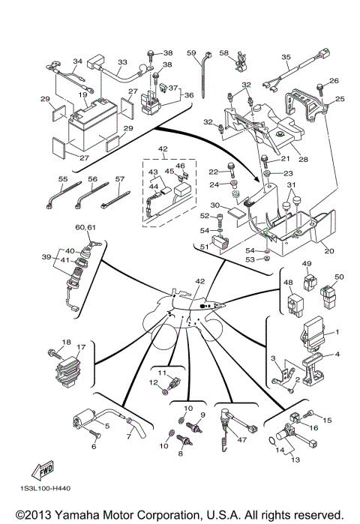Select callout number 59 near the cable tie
click(191, 52)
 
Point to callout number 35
click(286, 57)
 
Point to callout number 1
click(337, 332)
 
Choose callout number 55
click(63, 180)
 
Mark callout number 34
click(76, 61)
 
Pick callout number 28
click(304, 159)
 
